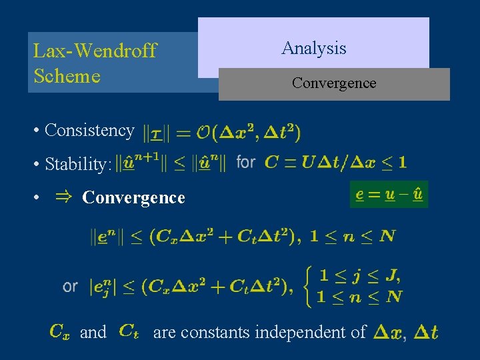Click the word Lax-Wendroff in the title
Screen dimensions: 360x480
95,51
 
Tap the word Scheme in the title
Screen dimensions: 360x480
67,76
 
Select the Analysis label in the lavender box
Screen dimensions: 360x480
313,48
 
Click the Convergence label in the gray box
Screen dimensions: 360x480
333,83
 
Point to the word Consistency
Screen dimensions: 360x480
89,130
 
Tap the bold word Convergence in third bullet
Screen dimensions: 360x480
133,198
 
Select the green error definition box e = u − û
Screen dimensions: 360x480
389,195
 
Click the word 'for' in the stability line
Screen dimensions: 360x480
246,162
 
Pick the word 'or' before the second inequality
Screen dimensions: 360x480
70,286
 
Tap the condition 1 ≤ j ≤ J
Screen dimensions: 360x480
359,275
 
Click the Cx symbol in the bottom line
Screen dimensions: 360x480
60,331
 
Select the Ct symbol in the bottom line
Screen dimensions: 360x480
129,331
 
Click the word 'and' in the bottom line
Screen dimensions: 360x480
93,332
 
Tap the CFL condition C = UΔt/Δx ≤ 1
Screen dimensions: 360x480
335,162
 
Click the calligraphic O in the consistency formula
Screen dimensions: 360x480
204,132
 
